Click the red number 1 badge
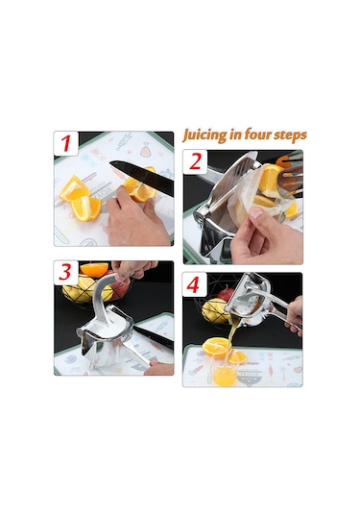tap(66, 143)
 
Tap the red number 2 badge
tap(195, 161)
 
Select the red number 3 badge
tap(66, 273)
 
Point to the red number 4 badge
tap(194, 284)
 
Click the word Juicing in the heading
tap(204, 135)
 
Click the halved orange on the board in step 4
tap(217, 347)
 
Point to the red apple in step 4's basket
tap(226, 294)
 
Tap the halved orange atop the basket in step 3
tap(93, 269)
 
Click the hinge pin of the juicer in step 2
tap(198, 217)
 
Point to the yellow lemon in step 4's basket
tap(213, 311)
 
